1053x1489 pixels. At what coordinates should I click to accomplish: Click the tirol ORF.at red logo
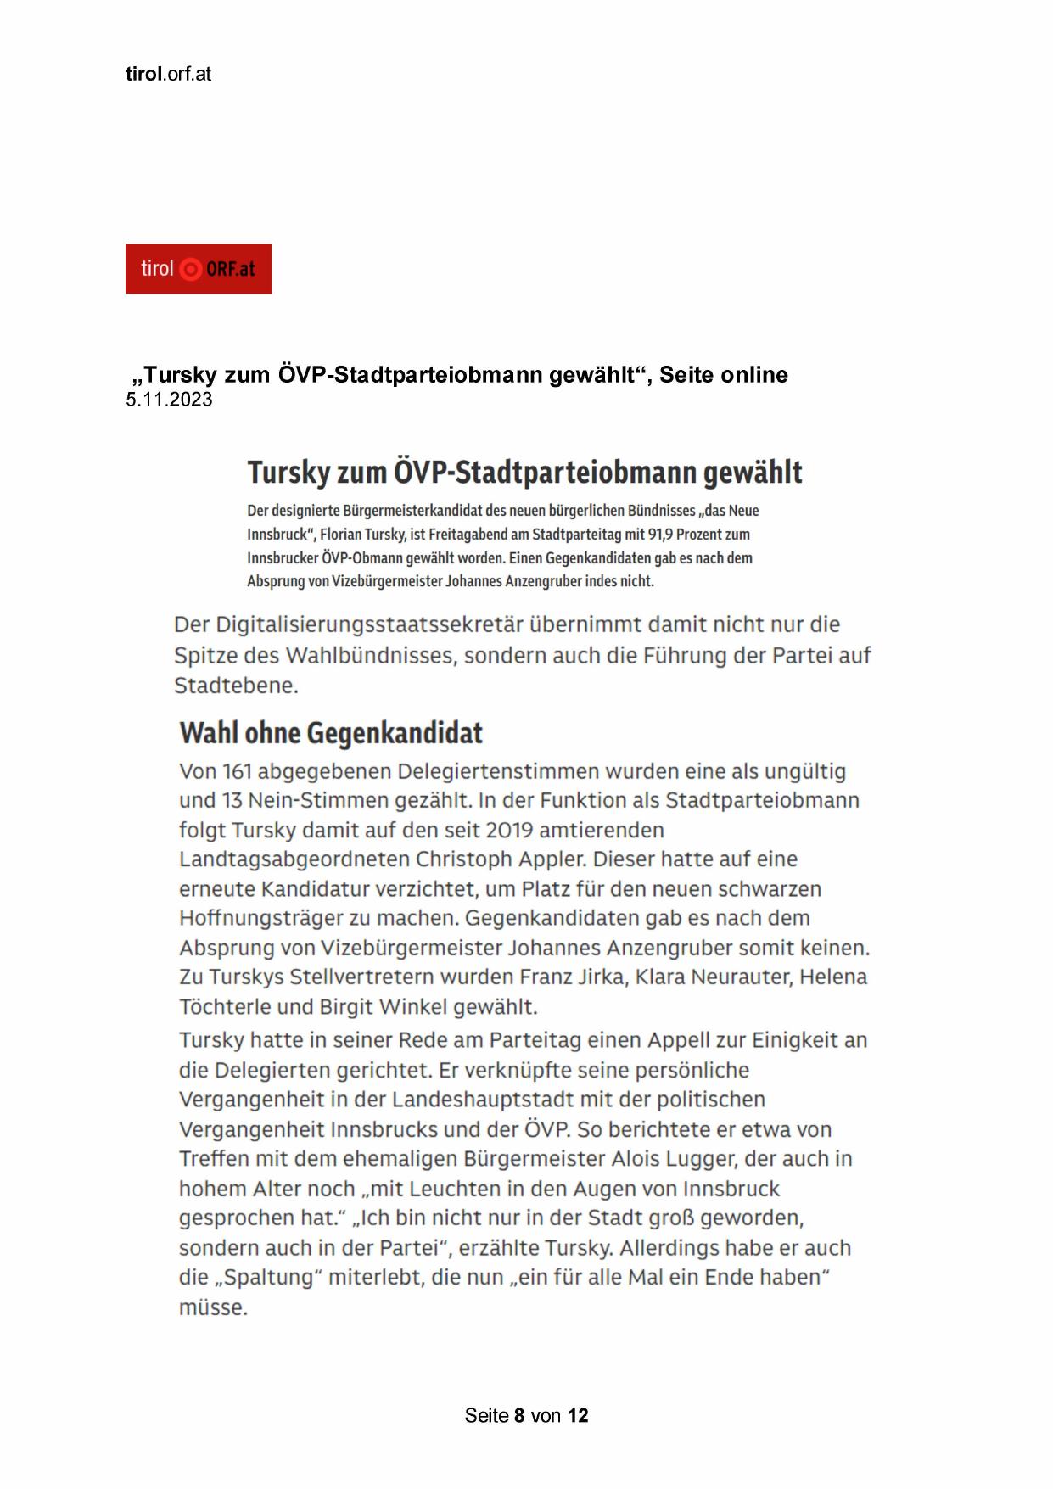(x=198, y=269)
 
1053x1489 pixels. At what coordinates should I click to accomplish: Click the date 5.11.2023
(x=169, y=400)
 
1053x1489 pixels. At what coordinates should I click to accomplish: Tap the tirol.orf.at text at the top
(x=168, y=74)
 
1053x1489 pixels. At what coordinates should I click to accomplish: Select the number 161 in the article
(x=237, y=771)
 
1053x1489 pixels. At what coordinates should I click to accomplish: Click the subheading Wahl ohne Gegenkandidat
(x=331, y=733)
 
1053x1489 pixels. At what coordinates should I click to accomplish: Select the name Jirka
(x=602, y=977)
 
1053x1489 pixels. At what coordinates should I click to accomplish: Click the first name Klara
(x=660, y=977)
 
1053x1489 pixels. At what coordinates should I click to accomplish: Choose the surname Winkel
(x=416, y=1007)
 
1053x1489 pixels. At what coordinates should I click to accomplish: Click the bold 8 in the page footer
(x=519, y=1415)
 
